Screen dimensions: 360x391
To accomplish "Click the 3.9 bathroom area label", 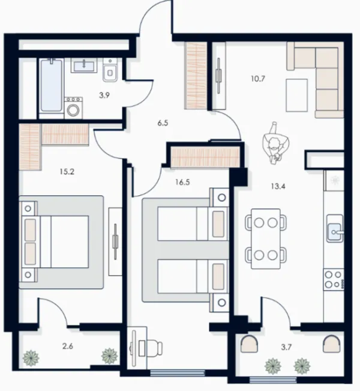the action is (x=104, y=95).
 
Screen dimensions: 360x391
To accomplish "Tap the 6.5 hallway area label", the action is (x=163, y=123).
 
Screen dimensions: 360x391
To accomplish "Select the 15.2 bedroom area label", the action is (x=67, y=172).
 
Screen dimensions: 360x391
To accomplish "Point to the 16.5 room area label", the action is (x=182, y=182).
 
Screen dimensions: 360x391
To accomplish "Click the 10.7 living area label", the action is (x=258, y=79).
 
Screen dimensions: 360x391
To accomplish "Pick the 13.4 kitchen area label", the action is (x=278, y=186).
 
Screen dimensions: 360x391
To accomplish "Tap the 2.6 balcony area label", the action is (x=68, y=346).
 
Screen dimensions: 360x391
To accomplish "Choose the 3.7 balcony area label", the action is (x=286, y=347).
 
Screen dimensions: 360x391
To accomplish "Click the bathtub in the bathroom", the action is (x=52, y=85).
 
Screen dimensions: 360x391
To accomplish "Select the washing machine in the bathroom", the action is (x=73, y=108).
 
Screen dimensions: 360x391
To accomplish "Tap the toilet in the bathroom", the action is (x=110, y=70).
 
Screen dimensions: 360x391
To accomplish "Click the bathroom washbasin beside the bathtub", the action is (x=84, y=65).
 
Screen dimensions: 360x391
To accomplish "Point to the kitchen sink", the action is (x=335, y=228).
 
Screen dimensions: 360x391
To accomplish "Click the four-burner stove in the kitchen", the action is (x=334, y=279).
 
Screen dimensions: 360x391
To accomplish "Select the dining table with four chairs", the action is (x=266, y=238).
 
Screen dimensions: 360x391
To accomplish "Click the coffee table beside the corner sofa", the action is (x=296, y=95).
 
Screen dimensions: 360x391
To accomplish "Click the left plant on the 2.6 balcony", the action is (x=31, y=358).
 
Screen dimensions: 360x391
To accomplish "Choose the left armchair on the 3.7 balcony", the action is (x=249, y=344).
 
